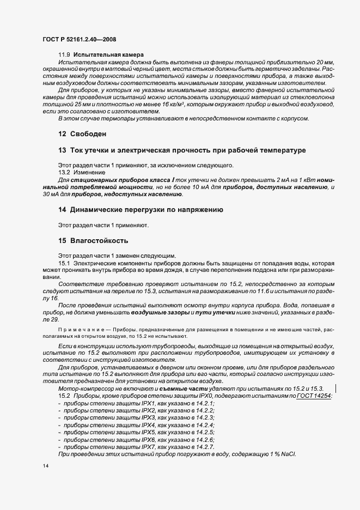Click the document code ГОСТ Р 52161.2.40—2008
(x=78, y=40)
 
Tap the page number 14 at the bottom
(x=45, y=467)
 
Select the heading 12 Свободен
(x=82, y=133)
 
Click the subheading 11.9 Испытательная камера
(x=101, y=56)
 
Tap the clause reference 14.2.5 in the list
(x=204, y=432)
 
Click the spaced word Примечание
(x=82, y=330)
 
